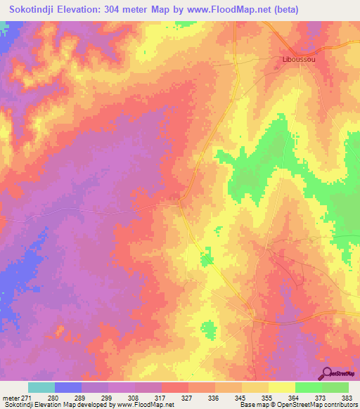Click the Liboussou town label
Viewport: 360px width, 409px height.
coord(294,59)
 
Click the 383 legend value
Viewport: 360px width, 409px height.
coord(347,398)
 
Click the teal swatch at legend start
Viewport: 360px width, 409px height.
coord(41,387)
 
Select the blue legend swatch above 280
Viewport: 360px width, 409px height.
coord(68,387)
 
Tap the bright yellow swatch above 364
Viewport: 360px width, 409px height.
coord(282,387)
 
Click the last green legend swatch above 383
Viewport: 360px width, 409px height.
coord(335,387)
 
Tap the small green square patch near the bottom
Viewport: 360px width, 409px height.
coord(208,328)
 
